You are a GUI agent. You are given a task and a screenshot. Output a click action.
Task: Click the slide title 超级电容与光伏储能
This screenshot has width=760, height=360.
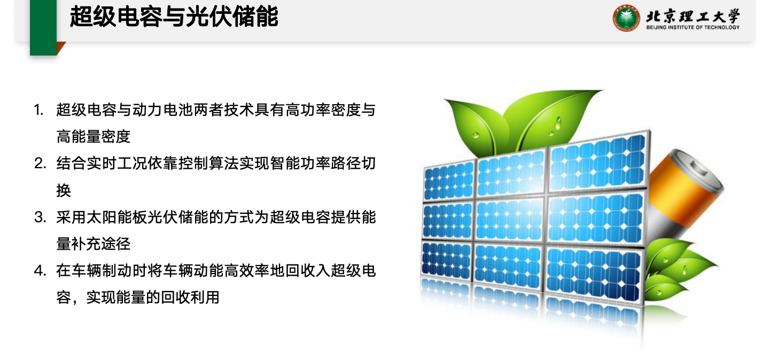[x=174, y=17]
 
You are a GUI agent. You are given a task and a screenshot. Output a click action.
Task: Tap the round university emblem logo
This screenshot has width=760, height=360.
[x=626, y=18]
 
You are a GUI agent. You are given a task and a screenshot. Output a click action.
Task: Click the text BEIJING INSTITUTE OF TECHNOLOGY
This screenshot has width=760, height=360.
[x=693, y=27]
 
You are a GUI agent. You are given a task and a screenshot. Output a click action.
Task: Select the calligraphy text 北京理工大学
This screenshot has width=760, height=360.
[x=693, y=15]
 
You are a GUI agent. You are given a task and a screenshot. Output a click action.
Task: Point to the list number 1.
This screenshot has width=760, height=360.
[x=38, y=110]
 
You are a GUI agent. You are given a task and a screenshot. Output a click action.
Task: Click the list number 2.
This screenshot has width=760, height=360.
[x=40, y=164]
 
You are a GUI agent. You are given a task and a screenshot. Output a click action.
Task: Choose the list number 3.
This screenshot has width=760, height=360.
[x=40, y=217]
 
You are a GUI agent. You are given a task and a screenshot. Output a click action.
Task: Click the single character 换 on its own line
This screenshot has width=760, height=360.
[x=64, y=191]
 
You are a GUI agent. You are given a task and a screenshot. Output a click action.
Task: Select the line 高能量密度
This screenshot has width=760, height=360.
[x=94, y=137]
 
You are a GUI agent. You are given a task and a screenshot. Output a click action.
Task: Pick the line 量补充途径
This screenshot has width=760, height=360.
[x=94, y=244]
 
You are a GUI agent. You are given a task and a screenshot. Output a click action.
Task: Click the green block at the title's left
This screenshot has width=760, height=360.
[x=43, y=27]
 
